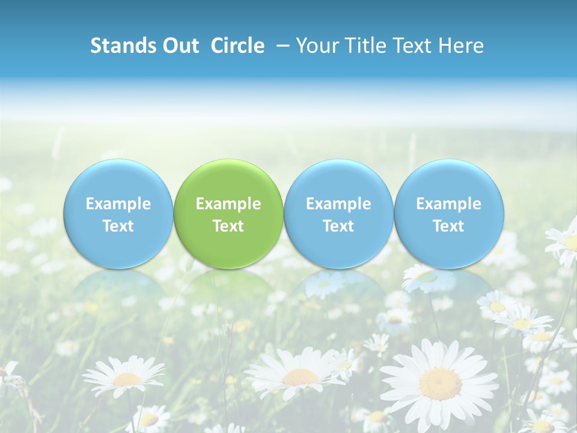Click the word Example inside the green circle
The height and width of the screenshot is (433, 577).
click(x=228, y=204)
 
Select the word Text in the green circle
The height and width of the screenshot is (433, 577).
click(x=228, y=226)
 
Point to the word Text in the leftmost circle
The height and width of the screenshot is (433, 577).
click(x=118, y=226)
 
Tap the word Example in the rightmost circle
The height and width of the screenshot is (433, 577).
click(x=448, y=204)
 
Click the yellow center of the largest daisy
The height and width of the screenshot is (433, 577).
click(x=441, y=383)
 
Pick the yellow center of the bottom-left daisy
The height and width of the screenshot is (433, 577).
click(x=127, y=379)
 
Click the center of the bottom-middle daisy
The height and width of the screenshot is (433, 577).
click(x=300, y=377)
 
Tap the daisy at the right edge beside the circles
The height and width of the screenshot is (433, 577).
click(x=565, y=244)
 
